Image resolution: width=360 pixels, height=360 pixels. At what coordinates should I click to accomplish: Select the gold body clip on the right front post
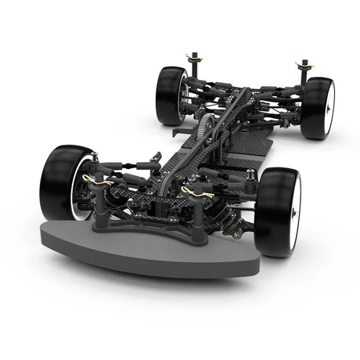(194, 192)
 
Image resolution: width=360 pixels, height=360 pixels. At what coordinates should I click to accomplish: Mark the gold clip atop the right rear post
(303, 63)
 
